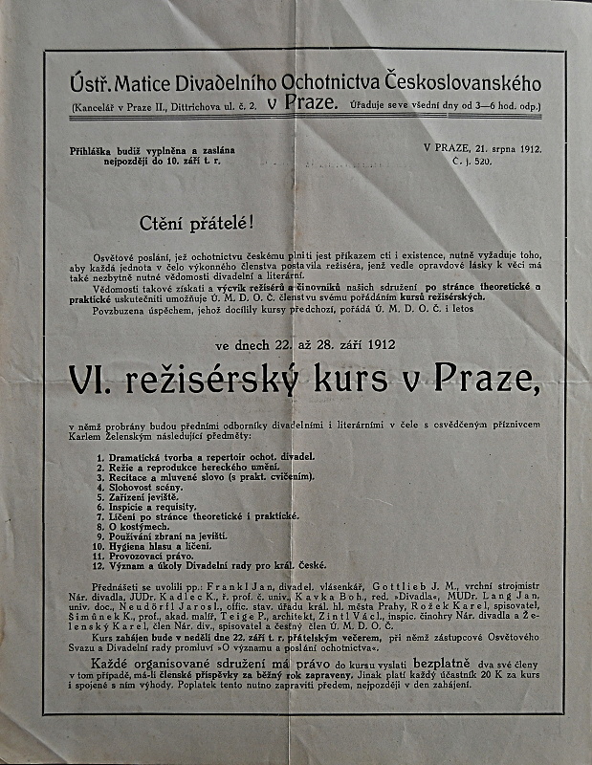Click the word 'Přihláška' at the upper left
(95, 150)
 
